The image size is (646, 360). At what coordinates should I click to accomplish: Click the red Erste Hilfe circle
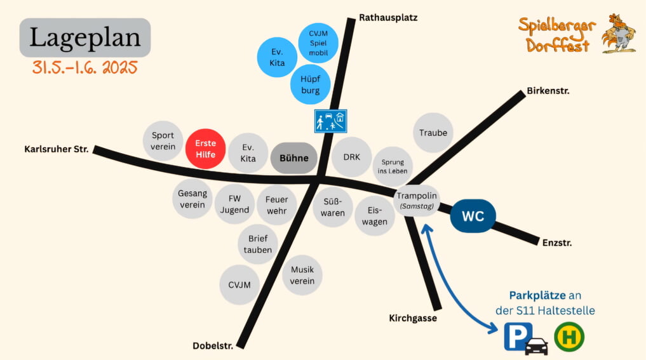(205, 149)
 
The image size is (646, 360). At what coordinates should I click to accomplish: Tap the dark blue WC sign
(473, 216)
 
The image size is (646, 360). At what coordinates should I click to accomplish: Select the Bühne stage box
(293, 157)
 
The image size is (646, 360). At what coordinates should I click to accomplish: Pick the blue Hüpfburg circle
(310, 84)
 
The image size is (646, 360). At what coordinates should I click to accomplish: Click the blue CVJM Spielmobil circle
(318, 43)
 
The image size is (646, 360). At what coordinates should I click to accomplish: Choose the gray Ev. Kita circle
(248, 153)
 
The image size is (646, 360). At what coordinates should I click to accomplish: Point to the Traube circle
(433, 133)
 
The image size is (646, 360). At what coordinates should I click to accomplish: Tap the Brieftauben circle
(258, 244)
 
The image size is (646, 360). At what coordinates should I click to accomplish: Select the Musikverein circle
(302, 275)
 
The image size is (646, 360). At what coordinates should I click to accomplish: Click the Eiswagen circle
(375, 216)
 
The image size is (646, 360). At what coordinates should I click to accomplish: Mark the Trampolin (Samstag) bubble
(417, 201)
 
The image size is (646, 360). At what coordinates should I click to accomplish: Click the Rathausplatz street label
(388, 18)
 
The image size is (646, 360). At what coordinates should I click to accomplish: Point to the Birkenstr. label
(548, 91)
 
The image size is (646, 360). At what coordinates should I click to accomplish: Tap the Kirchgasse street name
(413, 318)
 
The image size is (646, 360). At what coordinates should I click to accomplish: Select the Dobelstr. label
(213, 346)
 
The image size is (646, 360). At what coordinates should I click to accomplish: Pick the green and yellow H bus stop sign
(569, 337)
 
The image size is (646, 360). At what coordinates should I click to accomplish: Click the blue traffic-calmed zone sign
(330, 121)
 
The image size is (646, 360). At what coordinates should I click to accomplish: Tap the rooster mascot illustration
(619, 34)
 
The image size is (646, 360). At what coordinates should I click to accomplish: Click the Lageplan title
(85, 37)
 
